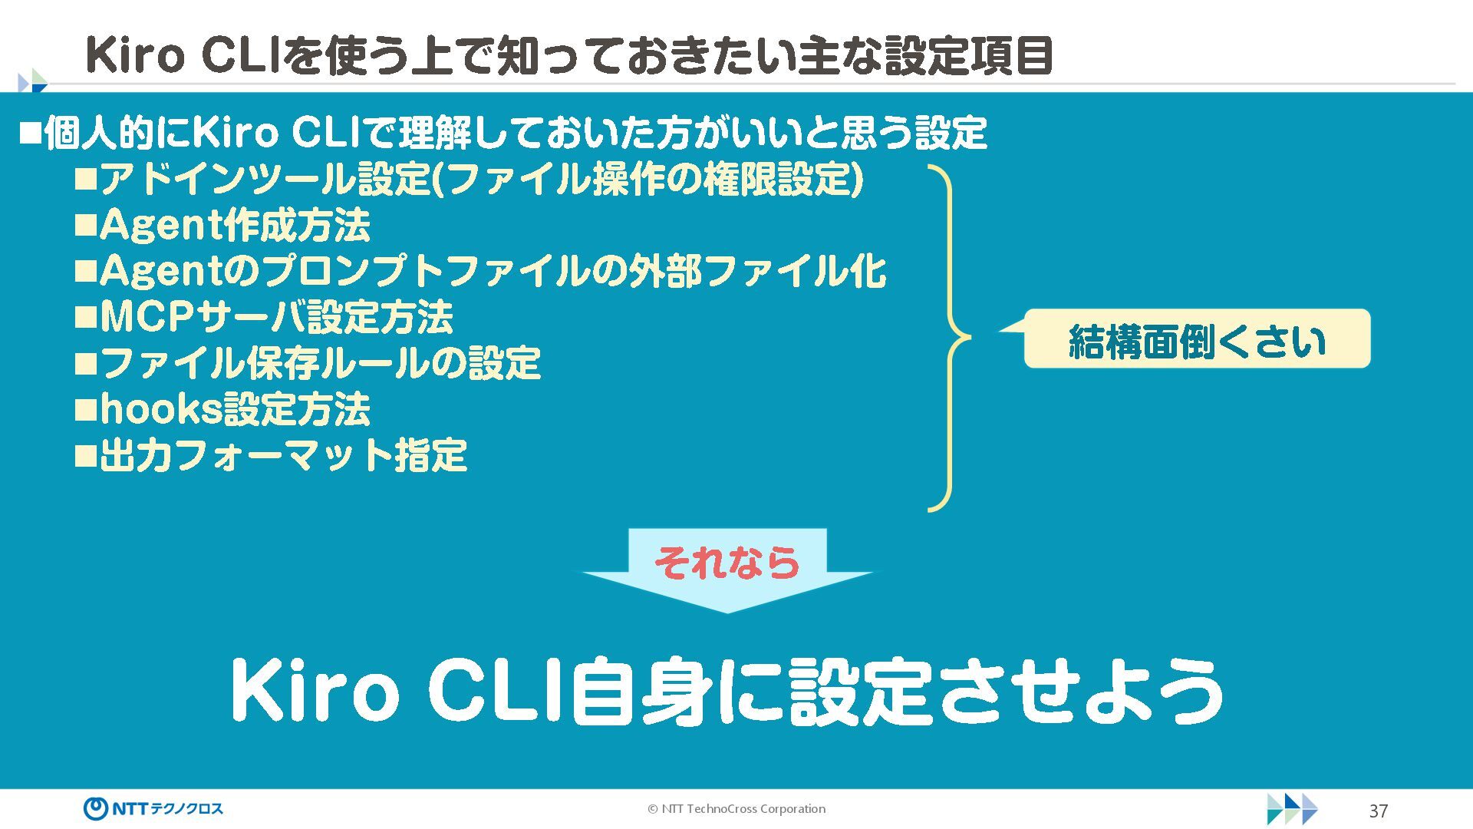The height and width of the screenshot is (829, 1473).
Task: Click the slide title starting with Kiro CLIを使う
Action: tap(568, 55)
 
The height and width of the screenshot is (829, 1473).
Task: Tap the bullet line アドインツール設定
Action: tap(480, 180)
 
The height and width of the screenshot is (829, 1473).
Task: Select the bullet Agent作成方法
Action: tap(234, 226)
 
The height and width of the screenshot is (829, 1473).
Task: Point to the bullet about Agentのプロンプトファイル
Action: tap(492, 272)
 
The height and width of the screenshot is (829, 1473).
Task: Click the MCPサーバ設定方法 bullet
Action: tap(276, 318)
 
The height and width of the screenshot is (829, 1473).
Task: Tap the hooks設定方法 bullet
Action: tap(235, 410)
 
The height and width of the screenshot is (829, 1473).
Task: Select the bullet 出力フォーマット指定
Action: tap(282, 456)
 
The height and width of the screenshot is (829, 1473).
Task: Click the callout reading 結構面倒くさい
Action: tap(1197, 340)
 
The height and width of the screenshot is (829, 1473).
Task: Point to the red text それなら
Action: tap(727, 563)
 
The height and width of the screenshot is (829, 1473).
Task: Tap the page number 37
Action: tap(1378, 811)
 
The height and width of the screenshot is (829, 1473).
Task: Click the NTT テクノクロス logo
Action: tap(153, 808)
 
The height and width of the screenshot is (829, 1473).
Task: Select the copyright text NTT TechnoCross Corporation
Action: tap(736, 808)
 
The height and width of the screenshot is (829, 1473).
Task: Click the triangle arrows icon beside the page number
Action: tap(1292, 809)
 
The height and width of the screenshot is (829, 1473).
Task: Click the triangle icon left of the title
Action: tap(32, 81)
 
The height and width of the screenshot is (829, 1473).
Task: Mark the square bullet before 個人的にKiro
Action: tap(30, 134)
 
